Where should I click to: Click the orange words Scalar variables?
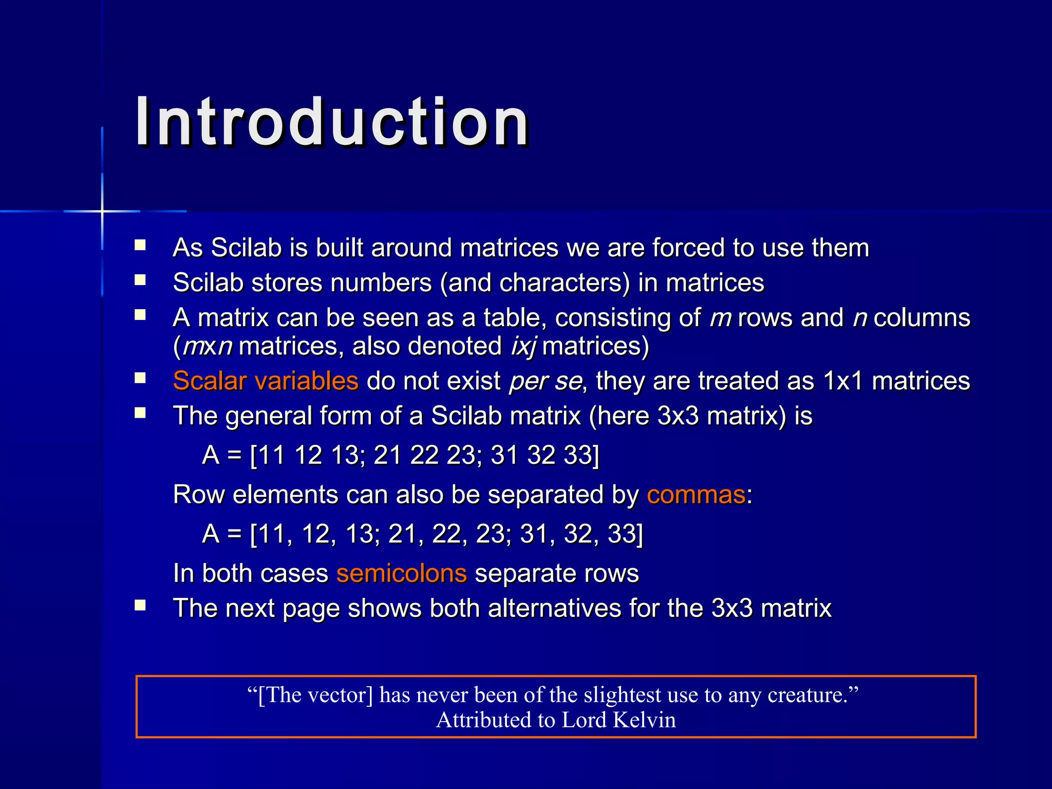pos(265,381)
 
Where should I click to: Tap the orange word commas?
pos(696,495)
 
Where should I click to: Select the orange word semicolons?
pos(401,573)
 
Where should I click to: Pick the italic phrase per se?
pos(546,381)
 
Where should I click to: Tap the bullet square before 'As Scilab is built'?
pos(140,245)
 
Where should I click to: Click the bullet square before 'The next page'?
pos(140,606)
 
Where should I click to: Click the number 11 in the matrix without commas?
pos(271,455)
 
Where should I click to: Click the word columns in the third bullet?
pos(922,318)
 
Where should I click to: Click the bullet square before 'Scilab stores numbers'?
pos(140,280)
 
